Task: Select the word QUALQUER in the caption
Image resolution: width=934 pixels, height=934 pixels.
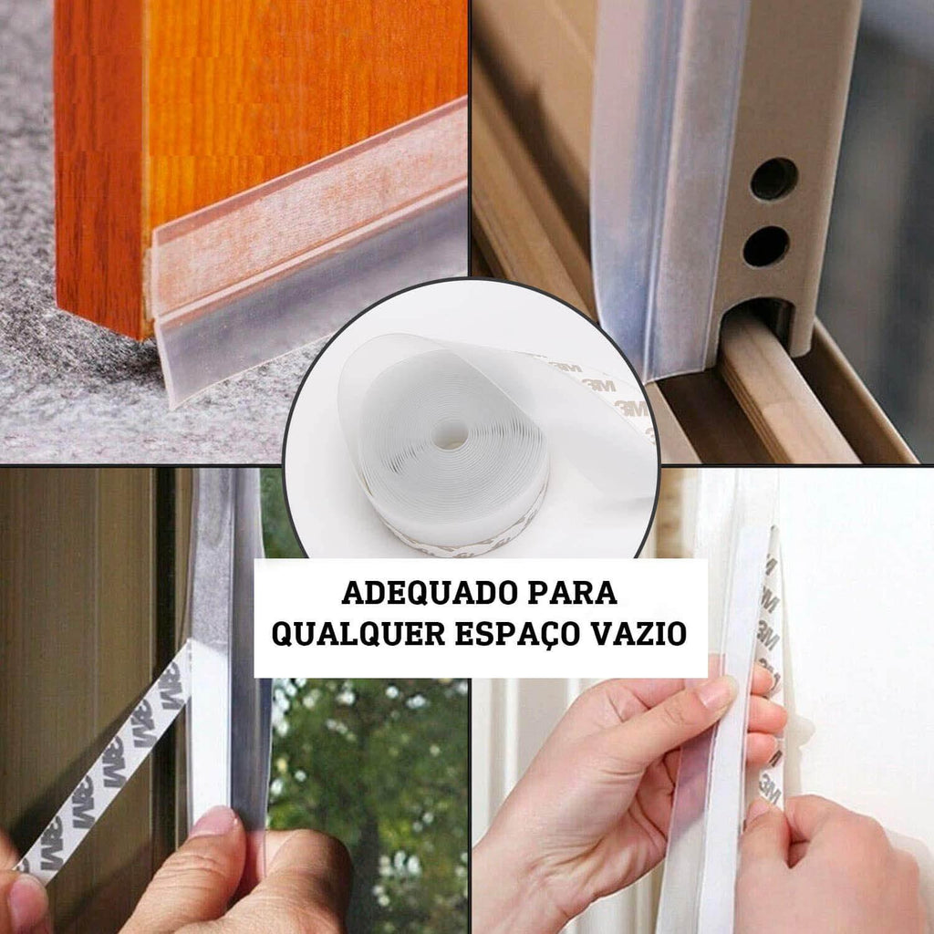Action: pyautogui.click(x=358, y=635)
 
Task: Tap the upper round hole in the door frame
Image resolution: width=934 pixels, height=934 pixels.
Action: pyautogui.click(x=773, y=179)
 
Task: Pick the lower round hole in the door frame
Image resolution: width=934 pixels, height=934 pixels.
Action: pyautogui.click(x=766, y=246)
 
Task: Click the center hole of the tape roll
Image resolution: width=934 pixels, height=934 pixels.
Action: pyautogui.click(x=449, y=433)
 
